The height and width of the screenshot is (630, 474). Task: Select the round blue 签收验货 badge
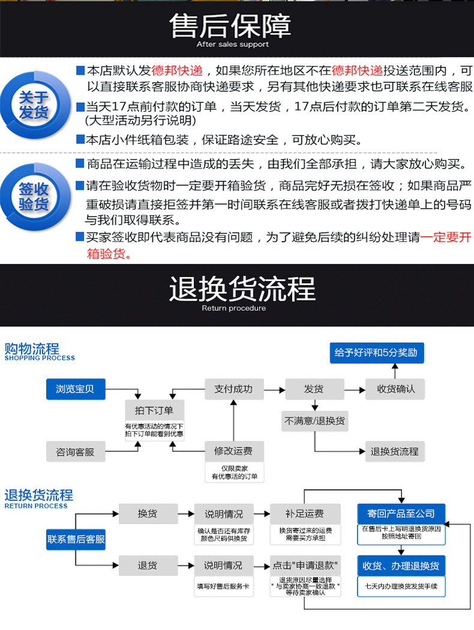(x=34, y=196)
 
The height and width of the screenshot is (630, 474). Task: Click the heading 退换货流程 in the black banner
(x=242, y=289)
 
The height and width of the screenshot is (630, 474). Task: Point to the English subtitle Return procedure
(x=233, y=308)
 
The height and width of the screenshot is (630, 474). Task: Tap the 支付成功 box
(x=233, y=389)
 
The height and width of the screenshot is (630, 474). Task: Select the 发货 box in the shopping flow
(x=314, y=389)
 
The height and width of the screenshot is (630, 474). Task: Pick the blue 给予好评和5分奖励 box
(x=377, y=353)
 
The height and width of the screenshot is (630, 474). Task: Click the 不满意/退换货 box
(x=315, y=421)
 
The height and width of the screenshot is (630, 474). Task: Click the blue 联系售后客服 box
(x=76, y=539)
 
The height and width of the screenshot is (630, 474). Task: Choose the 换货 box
(x=148, y=514)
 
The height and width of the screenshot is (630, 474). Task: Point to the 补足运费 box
(x=305, y=514)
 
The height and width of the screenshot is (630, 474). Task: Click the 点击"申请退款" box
(x=305, y=565)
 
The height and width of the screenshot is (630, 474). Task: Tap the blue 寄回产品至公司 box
(x=401, y=514)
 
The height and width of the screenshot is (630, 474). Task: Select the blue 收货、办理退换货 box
(x=401, y=565)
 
